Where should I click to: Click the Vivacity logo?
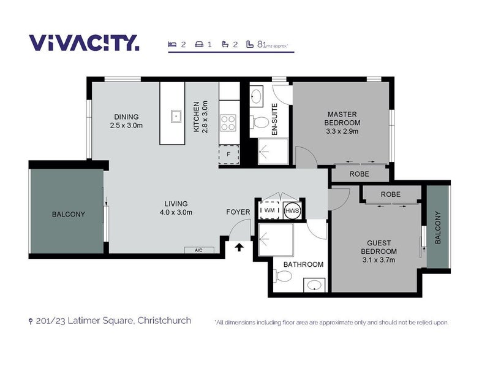click(x=84, y=42)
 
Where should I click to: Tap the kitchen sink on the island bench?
click(x=176, y=116)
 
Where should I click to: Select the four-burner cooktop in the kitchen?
click(x=228, y=123)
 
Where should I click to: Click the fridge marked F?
click(x=228, y=155)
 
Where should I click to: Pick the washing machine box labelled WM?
click(x=269, y=210)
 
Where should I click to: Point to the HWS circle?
click(x=292, y=210)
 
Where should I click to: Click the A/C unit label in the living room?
click(x=199, y=250)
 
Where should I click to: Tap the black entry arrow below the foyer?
click(x=239, y=248)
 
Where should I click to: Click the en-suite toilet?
click(x=259, y=122)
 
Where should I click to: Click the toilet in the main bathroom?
click(x=283, y=276)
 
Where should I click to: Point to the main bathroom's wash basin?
click(x=314, y=285)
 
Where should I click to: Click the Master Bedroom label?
click(x=342, y=118)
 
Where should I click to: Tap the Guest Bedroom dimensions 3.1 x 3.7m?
click(x=379, y=259)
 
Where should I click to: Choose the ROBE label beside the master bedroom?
click(x=360, y=174)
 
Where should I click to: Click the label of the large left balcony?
click(x=69, y=214)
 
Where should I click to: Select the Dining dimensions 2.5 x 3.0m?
click(x=126, y=126)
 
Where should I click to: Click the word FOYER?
click(x=238, y=212)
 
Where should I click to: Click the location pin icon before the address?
click(x=31, y=321)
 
